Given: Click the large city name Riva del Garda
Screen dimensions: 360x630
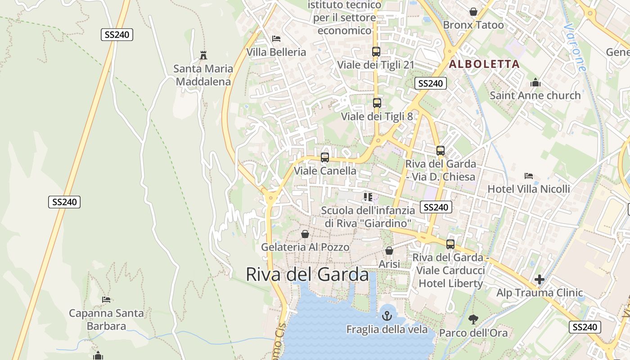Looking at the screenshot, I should pos(307,274).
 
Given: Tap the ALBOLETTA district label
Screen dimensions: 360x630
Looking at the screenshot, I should pos(484,64).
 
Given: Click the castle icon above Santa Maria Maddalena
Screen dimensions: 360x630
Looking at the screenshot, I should pos(203,55).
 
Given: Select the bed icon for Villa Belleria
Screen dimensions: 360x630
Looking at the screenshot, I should pos(276,39).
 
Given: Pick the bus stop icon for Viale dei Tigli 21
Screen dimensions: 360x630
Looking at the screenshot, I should pos(376,51).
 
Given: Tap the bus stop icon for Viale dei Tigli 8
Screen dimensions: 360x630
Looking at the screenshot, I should pos(377,103).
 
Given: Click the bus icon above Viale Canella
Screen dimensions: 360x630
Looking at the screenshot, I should pos(325,157).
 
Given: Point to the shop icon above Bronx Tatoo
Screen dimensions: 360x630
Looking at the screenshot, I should pos(473,12).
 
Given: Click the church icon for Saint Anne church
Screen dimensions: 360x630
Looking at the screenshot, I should pos(535,82).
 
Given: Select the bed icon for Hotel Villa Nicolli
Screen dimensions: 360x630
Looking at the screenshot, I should pos(529,176).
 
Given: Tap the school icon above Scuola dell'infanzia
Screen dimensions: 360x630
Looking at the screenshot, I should pos(368,197).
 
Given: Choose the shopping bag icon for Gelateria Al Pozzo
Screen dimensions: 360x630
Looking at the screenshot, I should pos(305,234).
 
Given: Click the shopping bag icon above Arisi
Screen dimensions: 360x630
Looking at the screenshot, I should pos(389,251).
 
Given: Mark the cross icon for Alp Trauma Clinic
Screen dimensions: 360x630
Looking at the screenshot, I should pos(540,279).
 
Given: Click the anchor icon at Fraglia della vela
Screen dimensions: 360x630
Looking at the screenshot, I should pos(387,316).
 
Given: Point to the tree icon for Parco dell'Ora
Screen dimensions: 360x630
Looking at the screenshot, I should pos(473,319).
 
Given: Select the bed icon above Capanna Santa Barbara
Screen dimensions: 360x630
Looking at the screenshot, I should pos(106,300).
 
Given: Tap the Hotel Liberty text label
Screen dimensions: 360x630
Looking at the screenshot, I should pos(450,283).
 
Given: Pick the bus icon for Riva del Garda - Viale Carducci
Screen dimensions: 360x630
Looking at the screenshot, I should pos(450,244).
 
